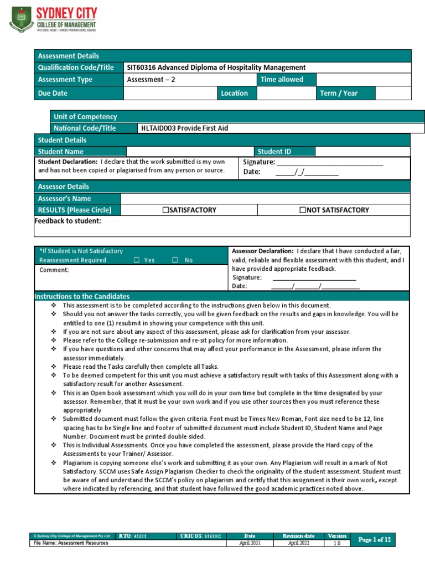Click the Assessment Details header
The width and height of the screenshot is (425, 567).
pyautogui.click(x=68, y=55)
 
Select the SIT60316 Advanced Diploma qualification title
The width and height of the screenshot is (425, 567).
pyautogui.click(x=216, y=68)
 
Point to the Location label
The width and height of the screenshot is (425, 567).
pyautogui.click(x=235, y=93)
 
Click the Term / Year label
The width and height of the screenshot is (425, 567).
pyautogui.click(x=339, y=93)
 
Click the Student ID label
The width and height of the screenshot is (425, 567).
pyautogui.click(x=274, y=151)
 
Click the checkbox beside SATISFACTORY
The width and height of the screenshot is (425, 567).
pyautogui.click(x=165, y=210)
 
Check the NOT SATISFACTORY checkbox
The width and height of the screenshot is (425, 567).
pyautogui.click(x=302, y=210)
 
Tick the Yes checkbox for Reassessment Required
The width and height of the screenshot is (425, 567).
pyautogui.click(x=136, y=260)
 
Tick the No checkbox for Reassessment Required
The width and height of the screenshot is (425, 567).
pyautogui.click(x=175, y=260)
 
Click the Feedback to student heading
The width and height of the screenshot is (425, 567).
pyautogui.click(x=68, y=221)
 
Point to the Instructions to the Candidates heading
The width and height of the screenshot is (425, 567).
pyautogui.click(x=82, y=296)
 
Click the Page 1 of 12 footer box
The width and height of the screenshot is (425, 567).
pyautogui.click(x=375, y=539)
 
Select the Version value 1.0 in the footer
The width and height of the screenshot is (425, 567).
pyautogui.click(x=336, y=543)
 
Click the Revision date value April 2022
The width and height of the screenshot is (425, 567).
pyautogui.click(x=298, y=543)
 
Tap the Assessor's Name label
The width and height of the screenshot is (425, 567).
pyautogui.click(x=64, y=198)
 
